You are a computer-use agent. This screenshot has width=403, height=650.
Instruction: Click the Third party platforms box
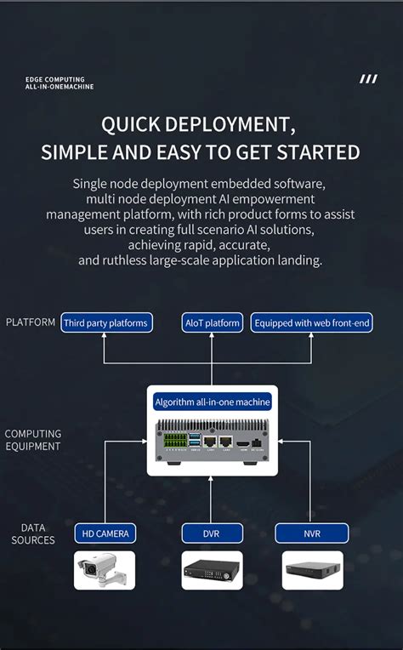106,322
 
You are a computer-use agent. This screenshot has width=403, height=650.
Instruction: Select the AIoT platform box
213,322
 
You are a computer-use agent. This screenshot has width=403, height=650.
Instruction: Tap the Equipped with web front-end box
312,322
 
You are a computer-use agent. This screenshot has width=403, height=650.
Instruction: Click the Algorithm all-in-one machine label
213,402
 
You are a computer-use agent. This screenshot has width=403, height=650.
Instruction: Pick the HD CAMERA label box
105,533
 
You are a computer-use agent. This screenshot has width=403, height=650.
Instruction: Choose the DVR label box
212,533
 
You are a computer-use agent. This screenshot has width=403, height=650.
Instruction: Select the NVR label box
312,533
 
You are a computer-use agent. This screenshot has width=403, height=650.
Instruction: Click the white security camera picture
105,570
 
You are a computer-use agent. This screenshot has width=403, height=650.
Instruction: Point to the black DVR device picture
212,571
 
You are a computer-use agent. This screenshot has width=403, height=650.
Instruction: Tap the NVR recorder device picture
312,571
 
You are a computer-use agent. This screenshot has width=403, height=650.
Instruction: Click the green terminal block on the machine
176,442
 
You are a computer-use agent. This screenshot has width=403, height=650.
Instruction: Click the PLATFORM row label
31,322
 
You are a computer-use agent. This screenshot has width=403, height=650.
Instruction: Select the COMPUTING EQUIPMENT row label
32,440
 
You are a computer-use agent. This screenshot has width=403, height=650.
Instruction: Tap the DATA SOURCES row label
33,534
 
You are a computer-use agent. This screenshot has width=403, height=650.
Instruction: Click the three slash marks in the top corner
368,79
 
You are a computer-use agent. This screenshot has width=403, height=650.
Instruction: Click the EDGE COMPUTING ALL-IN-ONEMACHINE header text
60,83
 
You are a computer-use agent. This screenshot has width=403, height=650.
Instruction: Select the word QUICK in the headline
130,125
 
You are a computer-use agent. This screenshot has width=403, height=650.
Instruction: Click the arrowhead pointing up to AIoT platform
213,337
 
